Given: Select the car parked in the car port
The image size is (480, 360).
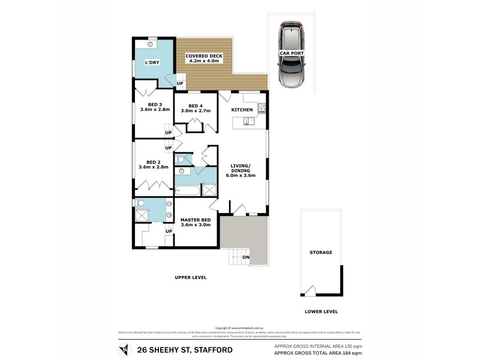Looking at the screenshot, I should coord(291,55).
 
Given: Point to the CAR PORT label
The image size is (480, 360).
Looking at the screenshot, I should coord(291,53).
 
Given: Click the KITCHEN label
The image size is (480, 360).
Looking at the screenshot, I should coord(242,109).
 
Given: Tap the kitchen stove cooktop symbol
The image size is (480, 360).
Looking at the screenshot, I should coord(262,109).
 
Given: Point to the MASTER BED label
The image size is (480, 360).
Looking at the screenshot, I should coord(195,220).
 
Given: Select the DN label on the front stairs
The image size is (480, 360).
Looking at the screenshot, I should coord(245,258).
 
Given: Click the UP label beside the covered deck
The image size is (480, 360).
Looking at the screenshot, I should coord(179,83).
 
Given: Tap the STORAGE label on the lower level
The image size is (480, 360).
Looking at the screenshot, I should coord(320,253).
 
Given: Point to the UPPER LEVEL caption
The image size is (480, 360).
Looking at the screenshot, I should coord(191,278).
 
